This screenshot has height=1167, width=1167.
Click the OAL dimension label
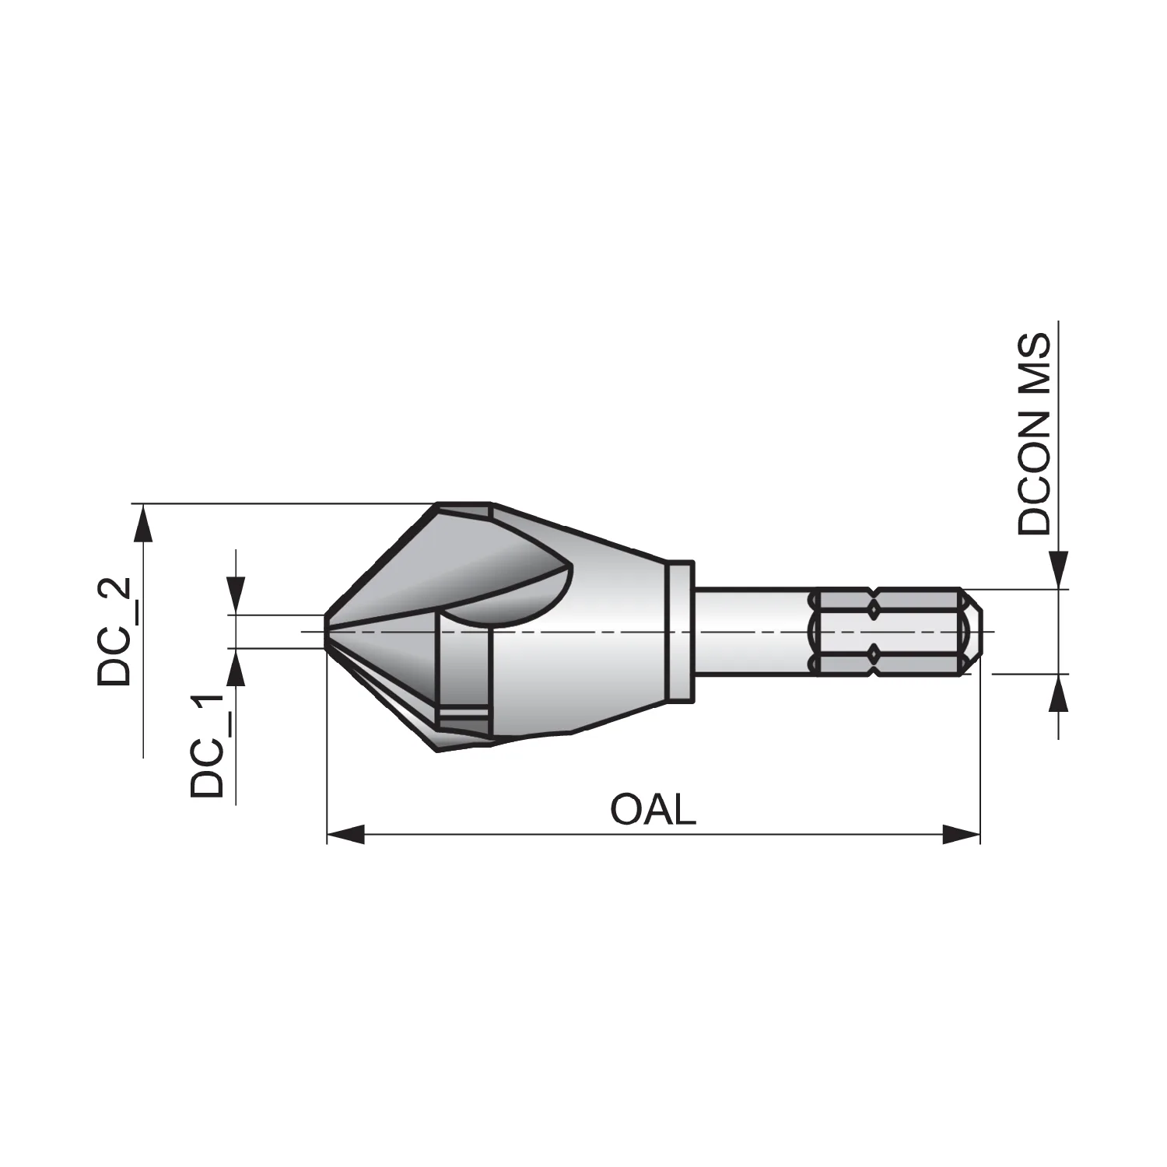(x=653, y=811)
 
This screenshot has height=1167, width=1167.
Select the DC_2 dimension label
(x=114, y=631)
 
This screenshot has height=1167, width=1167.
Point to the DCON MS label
(x=1034, y=434)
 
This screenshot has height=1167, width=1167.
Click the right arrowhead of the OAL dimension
(x=961, y=836)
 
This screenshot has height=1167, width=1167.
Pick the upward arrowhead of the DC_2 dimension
(x=142, y=523)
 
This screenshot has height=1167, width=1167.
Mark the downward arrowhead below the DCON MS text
(x=1058, y=570)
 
